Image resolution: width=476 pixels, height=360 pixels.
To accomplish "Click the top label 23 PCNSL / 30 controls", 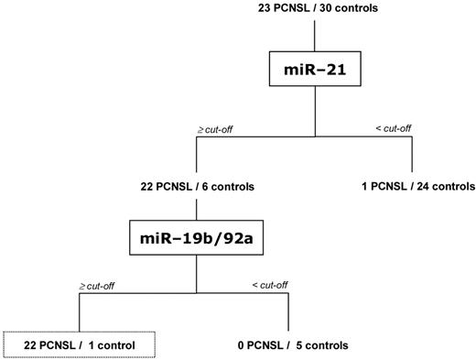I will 314,8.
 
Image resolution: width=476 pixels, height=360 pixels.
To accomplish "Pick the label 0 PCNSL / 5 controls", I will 286,345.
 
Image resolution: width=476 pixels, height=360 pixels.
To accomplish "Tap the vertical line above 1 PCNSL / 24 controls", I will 414,156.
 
